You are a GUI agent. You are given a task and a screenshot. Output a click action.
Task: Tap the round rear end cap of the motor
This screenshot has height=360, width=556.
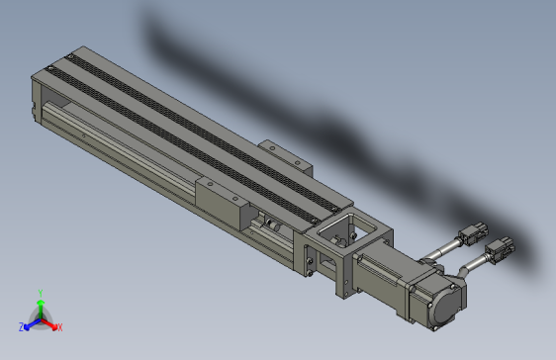445,301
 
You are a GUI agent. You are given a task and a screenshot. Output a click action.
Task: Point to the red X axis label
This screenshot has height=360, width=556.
58,326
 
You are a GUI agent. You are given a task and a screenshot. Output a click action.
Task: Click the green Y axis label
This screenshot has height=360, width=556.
40,292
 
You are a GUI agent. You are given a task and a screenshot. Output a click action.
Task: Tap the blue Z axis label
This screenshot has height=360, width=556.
22,326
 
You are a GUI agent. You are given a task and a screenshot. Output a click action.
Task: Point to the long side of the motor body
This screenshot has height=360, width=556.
381,282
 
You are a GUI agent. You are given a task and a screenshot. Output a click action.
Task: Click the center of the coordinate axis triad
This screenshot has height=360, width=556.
40,317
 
